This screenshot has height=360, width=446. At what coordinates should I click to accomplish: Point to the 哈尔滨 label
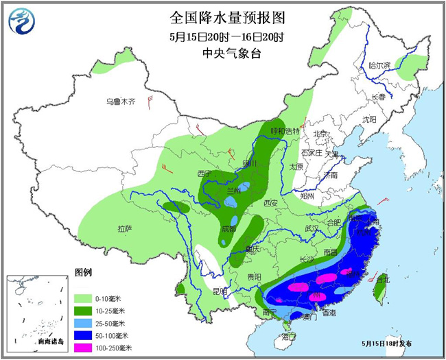(x=379, y=66)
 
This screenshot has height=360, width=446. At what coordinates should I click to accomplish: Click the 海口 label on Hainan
(x=289, y=336)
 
